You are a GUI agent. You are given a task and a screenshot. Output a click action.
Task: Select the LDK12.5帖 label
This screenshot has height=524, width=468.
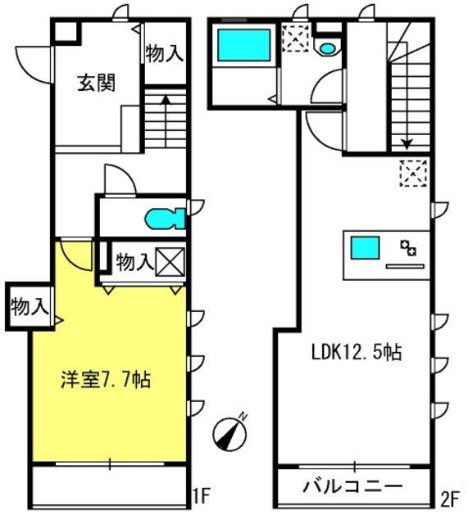pyautogui.click(x=356, y=353)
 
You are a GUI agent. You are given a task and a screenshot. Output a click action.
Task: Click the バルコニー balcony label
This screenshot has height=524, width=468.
pyautogui.click(x=353, y=486)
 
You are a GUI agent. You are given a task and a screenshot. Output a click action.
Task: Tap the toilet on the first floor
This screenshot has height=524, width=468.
pyautogui.click(x=166, y=219)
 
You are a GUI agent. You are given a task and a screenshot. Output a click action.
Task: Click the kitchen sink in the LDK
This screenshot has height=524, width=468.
pyautogui.click(x=366, y=246)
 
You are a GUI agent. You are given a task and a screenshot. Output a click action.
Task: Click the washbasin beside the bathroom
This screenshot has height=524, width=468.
pyautogui.click(x=328, y=48)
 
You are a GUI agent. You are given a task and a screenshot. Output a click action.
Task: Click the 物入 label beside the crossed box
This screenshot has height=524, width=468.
pyautogui.click(x=133, y=263)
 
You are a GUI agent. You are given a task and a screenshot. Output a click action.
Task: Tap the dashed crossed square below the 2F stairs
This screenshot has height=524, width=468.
pyautogui.click(x=412, y=173)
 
